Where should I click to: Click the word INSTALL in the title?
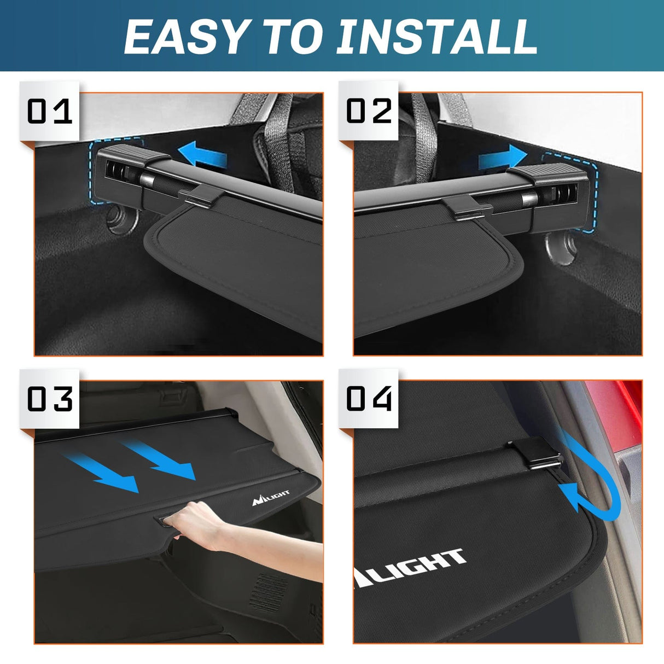[436, 37]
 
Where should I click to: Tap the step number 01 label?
[49, 112]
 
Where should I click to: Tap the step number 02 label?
[369, 112]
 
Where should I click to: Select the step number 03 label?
[49, 399]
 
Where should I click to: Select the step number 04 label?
[369, 399]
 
